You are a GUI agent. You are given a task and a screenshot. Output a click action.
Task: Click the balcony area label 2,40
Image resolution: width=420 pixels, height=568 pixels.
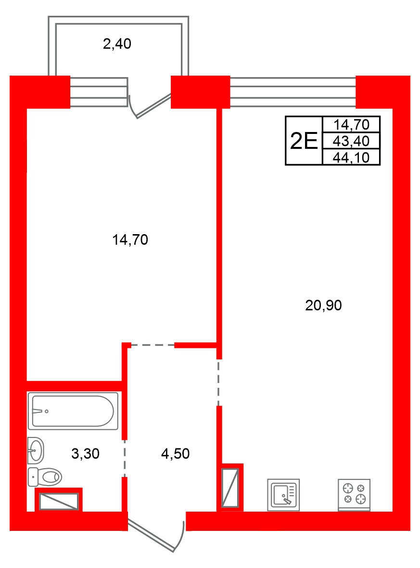[117, 44]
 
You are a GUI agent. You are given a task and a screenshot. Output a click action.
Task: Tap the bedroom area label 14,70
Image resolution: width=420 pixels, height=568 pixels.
[130, 240]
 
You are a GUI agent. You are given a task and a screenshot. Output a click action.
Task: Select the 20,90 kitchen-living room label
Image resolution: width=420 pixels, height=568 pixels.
[323, 305]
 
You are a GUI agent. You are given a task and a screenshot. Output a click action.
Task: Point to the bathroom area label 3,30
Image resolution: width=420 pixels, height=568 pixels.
[85, 453]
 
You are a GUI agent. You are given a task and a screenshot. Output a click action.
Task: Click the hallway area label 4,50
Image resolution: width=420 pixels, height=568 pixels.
[176, 453]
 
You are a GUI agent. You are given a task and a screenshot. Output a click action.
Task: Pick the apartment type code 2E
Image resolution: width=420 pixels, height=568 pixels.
[304, 141]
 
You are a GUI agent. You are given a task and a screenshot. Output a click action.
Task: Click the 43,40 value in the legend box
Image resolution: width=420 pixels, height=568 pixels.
[351, 141]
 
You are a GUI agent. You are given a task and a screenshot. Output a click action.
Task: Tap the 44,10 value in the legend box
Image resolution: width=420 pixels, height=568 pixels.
[351, 158]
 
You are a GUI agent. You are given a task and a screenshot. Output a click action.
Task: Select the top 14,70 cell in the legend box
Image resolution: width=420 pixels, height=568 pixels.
[351, 125]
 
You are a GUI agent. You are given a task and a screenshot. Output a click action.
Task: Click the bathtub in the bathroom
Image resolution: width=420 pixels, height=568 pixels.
[73, 411]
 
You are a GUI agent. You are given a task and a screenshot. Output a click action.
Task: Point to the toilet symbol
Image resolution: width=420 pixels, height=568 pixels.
[45, 477]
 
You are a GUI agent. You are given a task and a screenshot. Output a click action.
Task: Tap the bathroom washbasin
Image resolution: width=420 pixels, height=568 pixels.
[36, 450]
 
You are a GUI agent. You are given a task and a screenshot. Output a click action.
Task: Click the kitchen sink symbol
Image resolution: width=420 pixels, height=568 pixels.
[283, 495]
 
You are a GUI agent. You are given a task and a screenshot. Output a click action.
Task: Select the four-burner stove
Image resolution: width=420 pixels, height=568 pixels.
[354, 494]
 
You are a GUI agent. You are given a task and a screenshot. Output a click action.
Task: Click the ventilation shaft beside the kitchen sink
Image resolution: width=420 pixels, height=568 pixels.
[230, 488]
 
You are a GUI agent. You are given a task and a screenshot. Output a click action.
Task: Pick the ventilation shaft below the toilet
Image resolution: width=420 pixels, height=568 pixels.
[59, 502]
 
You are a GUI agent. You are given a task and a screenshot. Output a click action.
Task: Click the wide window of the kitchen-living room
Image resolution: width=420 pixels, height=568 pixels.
[293, 92]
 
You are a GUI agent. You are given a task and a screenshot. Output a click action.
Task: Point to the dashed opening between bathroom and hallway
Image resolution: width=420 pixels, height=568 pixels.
[125, 458]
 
